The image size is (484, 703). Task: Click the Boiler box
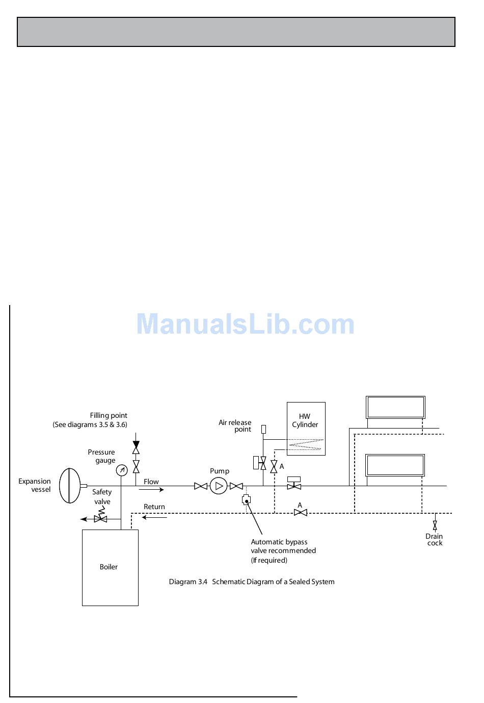[x=110, y=567]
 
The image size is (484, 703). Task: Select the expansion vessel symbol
[x=70, y=486]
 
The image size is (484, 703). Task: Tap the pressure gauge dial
[x=121, y=470]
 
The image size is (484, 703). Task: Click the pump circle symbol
[x=219, y=486]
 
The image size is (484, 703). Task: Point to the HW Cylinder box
[x=306, y=429]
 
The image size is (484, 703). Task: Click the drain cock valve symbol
[x=435, y=525]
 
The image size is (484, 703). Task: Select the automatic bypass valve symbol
[x=247, y=500]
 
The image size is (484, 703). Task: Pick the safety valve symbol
[x=100, y=518]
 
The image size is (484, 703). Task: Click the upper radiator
[x=395, y=407]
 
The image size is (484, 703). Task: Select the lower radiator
[x=395, y=465]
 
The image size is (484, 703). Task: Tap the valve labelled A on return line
[x=301, y=512]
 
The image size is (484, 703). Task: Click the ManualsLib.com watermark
[x=245, y=324]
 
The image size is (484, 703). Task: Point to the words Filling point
[x=109, y=415]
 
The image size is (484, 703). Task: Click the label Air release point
[x=235, y=425]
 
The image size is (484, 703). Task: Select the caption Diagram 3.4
[x=252, y=582]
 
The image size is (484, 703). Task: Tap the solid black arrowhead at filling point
[x=136, y=437]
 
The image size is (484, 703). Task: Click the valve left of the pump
[x=201, y=486]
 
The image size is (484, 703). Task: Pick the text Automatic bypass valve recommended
[x=283, y=546]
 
